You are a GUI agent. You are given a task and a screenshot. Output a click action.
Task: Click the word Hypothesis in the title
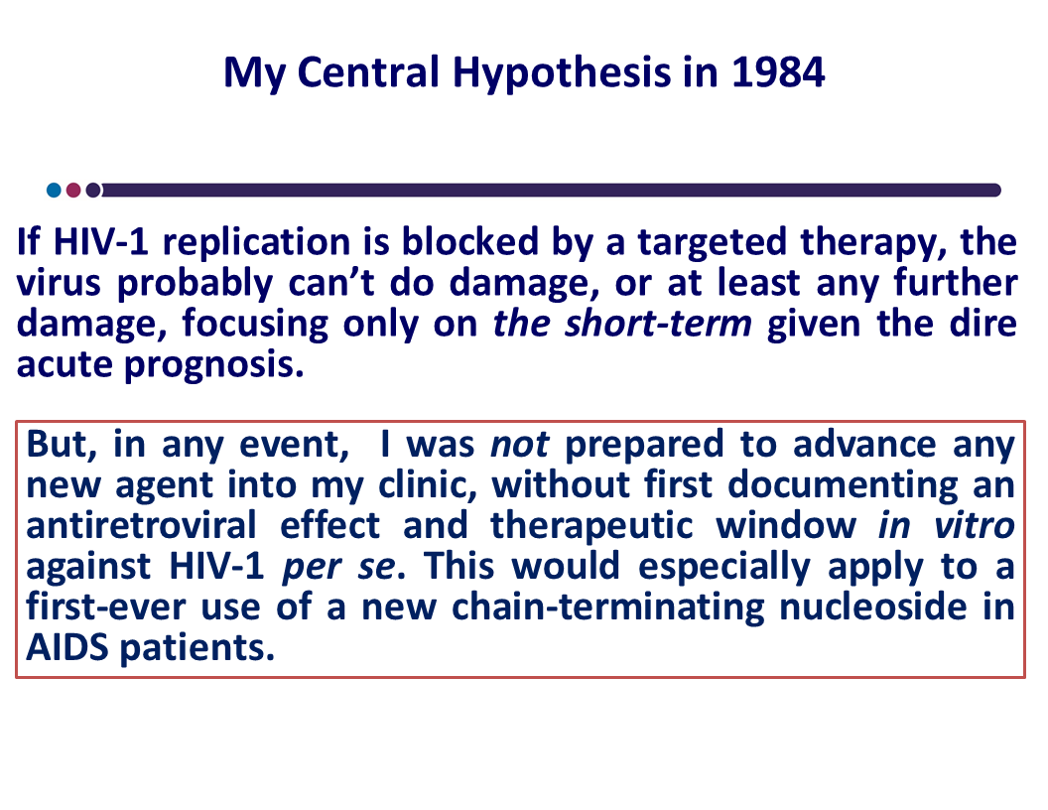(562, 72)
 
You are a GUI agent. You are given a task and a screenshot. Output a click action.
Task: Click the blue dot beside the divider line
(55, 190)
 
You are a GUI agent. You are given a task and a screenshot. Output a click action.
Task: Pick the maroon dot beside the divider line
(73, 190)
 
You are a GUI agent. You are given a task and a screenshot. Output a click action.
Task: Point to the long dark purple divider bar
(550, 191)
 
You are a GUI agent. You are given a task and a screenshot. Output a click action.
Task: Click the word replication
(256, 242)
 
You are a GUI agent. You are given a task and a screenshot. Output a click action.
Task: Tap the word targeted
(712, 243)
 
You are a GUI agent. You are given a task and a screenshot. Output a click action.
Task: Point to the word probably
(196, 283)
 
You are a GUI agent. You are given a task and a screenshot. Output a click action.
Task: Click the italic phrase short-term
(658, 324)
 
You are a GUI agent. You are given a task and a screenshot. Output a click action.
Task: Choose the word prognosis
(214, 365)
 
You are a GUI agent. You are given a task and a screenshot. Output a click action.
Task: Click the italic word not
(520, 445)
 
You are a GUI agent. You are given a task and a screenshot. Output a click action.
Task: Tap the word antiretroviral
(141, 525)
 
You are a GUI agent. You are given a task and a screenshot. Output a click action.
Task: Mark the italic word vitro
(975, 525)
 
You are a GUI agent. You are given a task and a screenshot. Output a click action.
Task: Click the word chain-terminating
(607, 608)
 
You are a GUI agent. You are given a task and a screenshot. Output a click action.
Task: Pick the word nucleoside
(873, 607)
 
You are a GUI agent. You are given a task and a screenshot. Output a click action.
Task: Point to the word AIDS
(66, 647)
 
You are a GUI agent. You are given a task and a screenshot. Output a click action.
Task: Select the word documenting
(843, 485)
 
